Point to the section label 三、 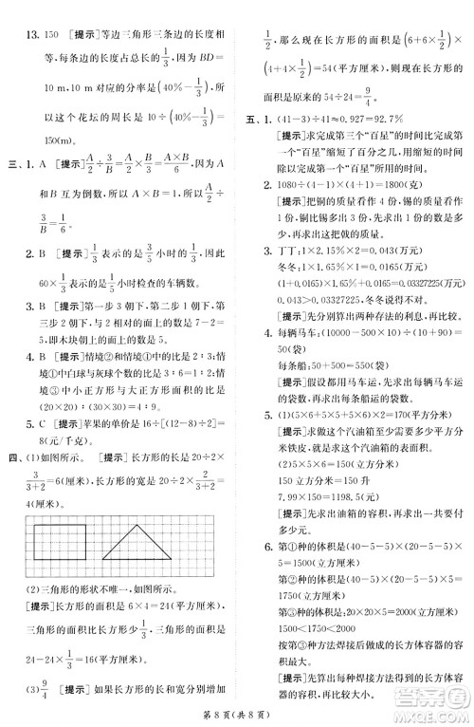pyautogui.click(x=14, y=162)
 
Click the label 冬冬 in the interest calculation pyautogui.click(x=282, y=269)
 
